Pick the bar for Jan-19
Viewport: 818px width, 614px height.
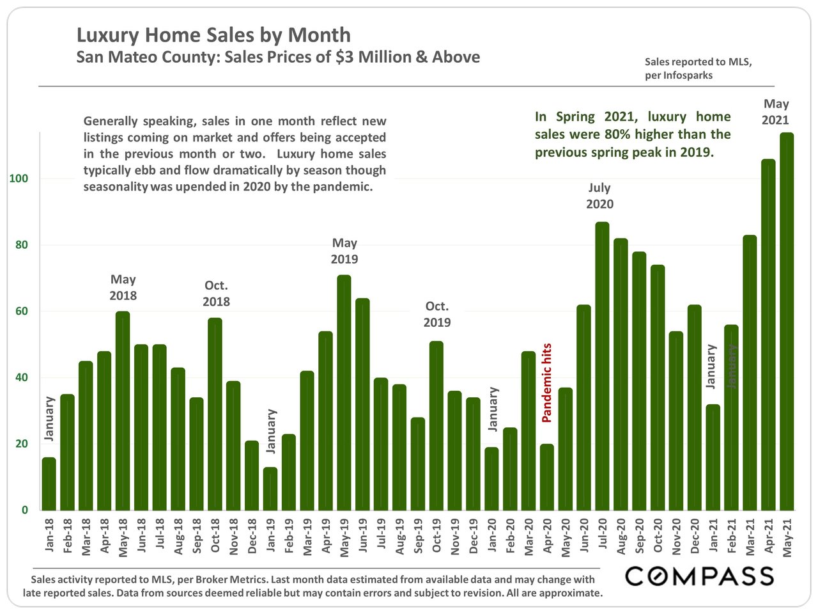(x=270, y=489)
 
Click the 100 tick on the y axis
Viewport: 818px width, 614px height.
(x=19, y=179)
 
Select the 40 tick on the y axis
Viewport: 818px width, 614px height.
(x=22, y=377)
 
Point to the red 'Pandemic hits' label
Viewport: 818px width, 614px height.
(x=547, y=383)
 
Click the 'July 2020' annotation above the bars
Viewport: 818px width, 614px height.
(x=599, y=196)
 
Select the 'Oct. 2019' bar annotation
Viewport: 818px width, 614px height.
(x=437, y=314)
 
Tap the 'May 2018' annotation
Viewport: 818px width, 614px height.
(x=123, y=287)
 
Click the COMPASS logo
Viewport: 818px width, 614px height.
(x=699, y=576)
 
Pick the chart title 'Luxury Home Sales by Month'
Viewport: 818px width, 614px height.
(x=213, y=35)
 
